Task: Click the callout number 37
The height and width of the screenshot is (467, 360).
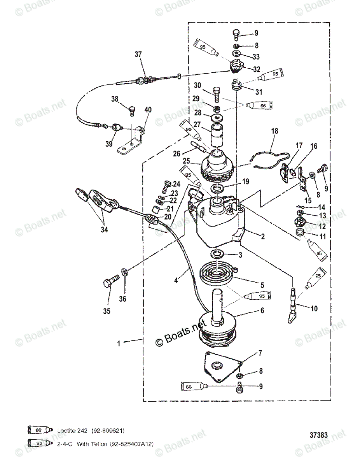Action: tap(139, 55)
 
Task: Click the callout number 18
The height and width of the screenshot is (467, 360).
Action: tap(274, 132)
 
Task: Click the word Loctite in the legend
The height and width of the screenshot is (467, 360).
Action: tap(66, 431)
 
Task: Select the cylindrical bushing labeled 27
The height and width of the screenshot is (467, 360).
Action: tap(215, 137)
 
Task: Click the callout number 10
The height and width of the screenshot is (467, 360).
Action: tap(314, 309)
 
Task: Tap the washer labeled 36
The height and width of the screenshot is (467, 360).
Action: tap(124, 272)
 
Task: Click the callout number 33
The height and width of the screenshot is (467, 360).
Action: tap(255, 57)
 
